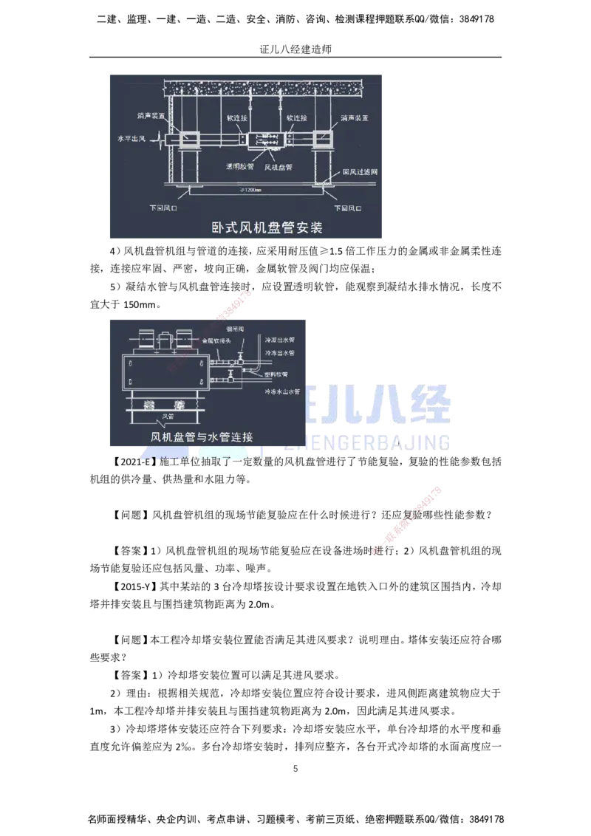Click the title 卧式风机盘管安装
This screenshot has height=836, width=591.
tap(267, 227)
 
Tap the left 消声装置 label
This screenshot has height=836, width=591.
tap(151, 117)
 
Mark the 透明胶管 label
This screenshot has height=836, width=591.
tap(239, 167)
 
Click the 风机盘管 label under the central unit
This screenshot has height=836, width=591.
tap(279, 168)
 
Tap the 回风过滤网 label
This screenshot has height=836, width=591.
tap(361, 173)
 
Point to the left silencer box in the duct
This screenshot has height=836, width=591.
tap(187, 138)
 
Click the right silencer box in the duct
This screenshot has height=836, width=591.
tap(323, 138)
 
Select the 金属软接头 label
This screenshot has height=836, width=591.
tap(217, 341)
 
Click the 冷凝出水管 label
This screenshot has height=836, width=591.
tap(279, 340)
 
